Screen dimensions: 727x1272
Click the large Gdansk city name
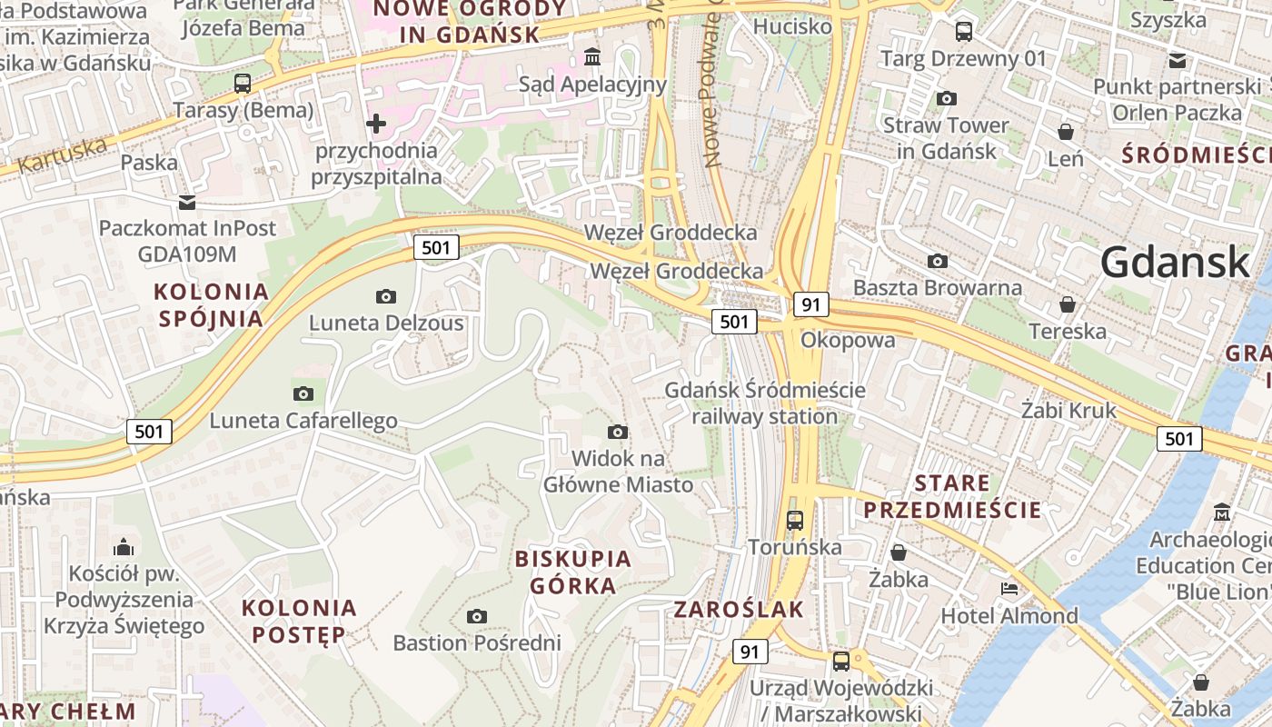(x=1175, y=263)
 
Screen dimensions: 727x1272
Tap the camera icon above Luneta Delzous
(x=386, y=296)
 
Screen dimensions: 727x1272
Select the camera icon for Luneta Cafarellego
(x=303, y=393)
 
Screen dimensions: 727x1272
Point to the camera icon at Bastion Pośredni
(x=477, y=616)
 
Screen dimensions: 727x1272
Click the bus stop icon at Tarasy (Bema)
(x=243, y=84)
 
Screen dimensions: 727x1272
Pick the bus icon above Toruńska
(x=795, y=521)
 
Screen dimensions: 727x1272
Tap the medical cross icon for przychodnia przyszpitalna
(x=376, y=123)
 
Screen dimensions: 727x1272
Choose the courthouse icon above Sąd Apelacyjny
(x=592, y=57)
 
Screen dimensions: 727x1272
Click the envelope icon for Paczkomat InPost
(x=187, y=202)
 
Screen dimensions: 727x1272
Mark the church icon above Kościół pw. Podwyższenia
(x=124, y=547)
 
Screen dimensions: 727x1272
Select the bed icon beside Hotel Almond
(x=1009, y=589)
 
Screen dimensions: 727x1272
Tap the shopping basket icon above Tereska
(x=1068, y=304)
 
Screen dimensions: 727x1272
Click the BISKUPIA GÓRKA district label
(x=573, y=572)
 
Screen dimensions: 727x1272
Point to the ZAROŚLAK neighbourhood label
(x=739, y=610)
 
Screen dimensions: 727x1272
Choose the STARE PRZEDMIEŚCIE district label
(x=952, y=496)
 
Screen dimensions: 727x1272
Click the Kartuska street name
(x=62, y=156)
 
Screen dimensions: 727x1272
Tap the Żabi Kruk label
(x=1068, y=410)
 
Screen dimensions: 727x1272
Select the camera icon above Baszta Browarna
(x=938, y=262)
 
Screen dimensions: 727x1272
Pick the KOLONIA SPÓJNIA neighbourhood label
(x=213, y=305)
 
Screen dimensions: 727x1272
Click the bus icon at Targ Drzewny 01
(x=964, y=32)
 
